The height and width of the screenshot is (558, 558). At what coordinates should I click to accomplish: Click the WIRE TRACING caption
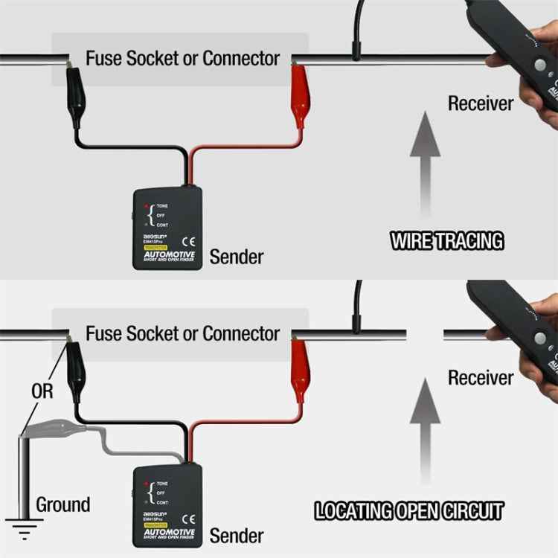click(447, 240)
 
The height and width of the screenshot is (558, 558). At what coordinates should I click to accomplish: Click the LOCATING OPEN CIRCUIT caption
click(408, 511)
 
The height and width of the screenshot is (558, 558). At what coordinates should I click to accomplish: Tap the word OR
click(42, 391)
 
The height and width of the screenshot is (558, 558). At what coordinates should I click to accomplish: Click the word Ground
click(63, 504)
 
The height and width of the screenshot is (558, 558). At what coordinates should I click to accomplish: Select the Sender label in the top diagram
click(236, 257)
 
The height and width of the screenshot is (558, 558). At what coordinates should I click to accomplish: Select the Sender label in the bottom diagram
click(236, 535)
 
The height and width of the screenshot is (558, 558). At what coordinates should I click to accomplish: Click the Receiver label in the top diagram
click(480, 103)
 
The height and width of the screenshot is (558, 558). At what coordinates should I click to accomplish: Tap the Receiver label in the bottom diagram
click(480, 378)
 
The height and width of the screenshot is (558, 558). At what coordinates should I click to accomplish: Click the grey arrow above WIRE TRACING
click(425, 160)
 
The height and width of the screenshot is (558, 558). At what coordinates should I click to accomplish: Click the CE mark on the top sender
click(189, 240)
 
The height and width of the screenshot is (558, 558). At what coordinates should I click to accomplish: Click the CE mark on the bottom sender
click(189, 518)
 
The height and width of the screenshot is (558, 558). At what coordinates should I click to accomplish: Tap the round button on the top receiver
click(539, 65)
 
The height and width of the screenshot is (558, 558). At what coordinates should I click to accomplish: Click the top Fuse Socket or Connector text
click(182, 58)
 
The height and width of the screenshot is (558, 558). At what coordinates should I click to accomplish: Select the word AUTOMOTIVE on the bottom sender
click(169, 533)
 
